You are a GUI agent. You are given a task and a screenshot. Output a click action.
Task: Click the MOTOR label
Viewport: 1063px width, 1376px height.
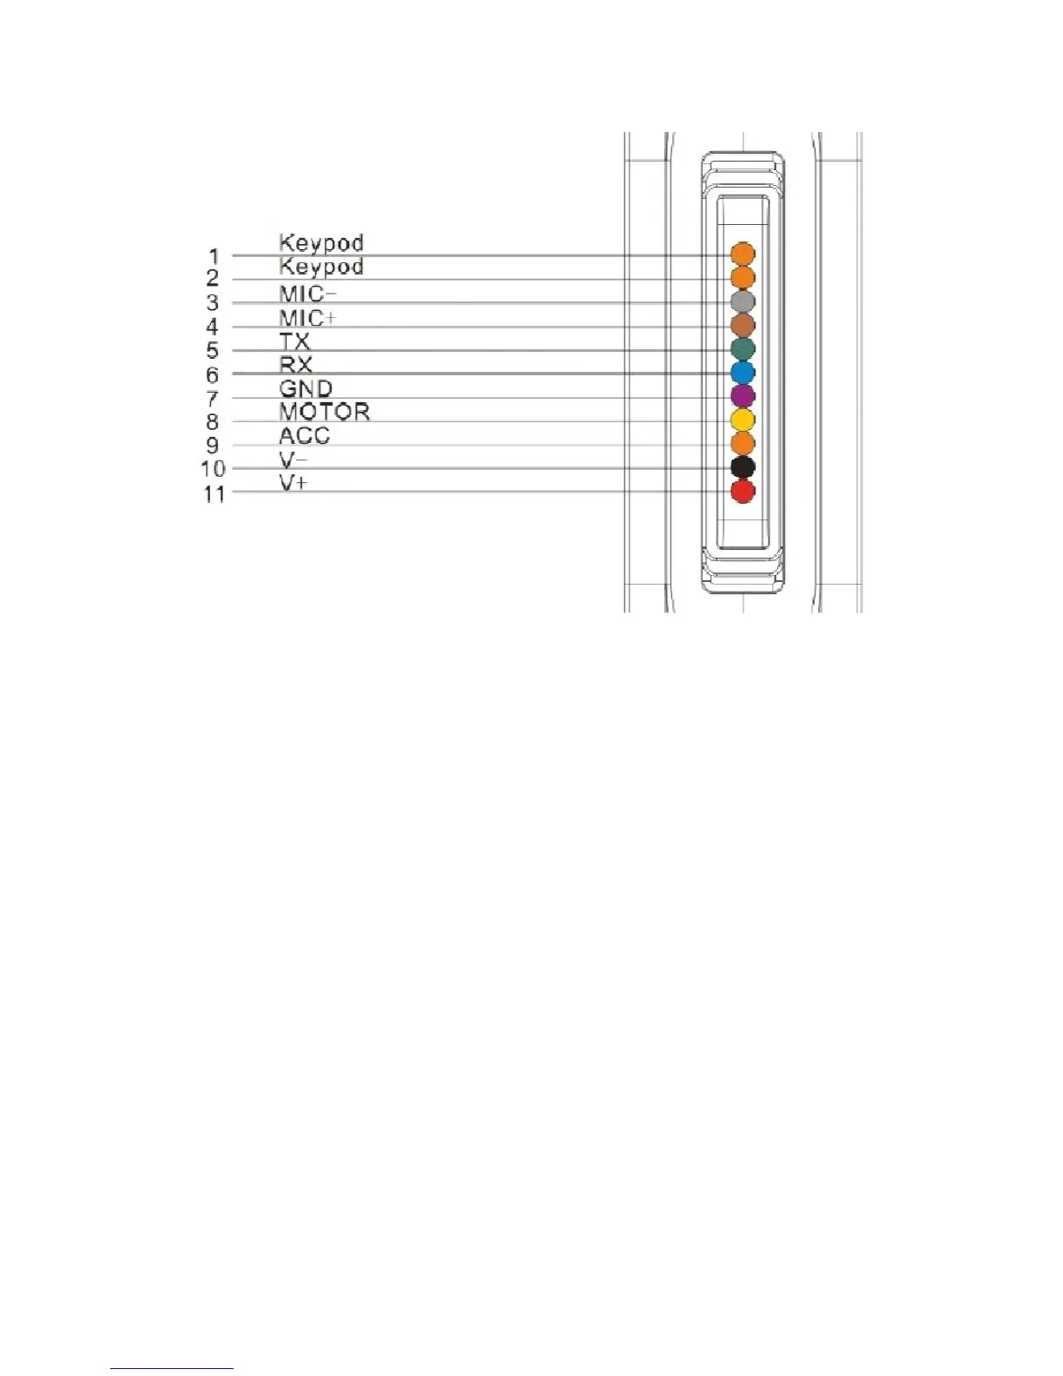pyautogui.click(x=324, y=411)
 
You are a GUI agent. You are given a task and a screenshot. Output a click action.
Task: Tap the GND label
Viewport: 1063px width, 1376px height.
pyautogui.click(x=306, y=388)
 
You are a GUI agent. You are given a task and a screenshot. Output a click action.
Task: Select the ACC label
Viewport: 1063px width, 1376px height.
pyautogui.click(x=304, y=435)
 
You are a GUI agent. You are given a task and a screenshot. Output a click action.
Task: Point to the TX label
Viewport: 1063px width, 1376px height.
pyautogui.click(x=294, y=341)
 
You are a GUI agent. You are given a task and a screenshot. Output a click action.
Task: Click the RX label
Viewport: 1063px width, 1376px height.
pyautogui.click(x=295, y=364)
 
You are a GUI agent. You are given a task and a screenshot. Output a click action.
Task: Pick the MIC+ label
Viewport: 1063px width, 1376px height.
pyautogui.click(x=307, y=318)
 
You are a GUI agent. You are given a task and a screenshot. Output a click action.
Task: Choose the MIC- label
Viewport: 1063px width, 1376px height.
pyautogui.click(x=307, y=294)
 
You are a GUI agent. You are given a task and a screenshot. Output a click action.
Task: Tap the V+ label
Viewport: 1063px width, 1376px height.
pyautogui.click(x=293, y=483)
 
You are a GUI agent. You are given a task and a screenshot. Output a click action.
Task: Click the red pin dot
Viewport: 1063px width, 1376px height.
pyautogui.click(x=743, y=492)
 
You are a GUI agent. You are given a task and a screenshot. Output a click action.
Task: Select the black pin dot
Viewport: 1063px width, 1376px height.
pyautogui.click(x=743, y=467)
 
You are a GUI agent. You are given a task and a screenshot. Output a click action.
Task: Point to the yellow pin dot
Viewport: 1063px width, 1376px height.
pyautogui.click(x=743, y=420)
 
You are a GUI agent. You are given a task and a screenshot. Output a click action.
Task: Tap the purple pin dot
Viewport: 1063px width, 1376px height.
pyautogui.click(x=743, y=396)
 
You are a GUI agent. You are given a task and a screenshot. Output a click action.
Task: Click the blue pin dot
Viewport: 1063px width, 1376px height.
pyautogui.click(x=743, y=373)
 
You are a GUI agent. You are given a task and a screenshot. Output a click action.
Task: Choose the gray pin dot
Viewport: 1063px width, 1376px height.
pyautogui.click(x=743, y=301)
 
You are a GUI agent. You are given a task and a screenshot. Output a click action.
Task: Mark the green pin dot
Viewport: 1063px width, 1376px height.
pyautogui.click(x=743, y=349)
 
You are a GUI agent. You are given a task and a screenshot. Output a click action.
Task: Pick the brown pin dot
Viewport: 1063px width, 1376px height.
pyautogui.click(x=743, y=325)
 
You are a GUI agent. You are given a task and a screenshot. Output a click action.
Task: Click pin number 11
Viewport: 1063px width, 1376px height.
pyautogui.click(x=215, y=494)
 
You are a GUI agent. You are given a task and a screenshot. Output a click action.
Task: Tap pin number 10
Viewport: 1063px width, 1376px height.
pyautogui.click(x=214, y=469)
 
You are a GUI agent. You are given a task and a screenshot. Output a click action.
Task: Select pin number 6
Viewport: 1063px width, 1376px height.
pyautogui.click(x=213, y=375)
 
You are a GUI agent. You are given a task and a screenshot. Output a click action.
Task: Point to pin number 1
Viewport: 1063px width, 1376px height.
pyautogui.click(x=214, y=256)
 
